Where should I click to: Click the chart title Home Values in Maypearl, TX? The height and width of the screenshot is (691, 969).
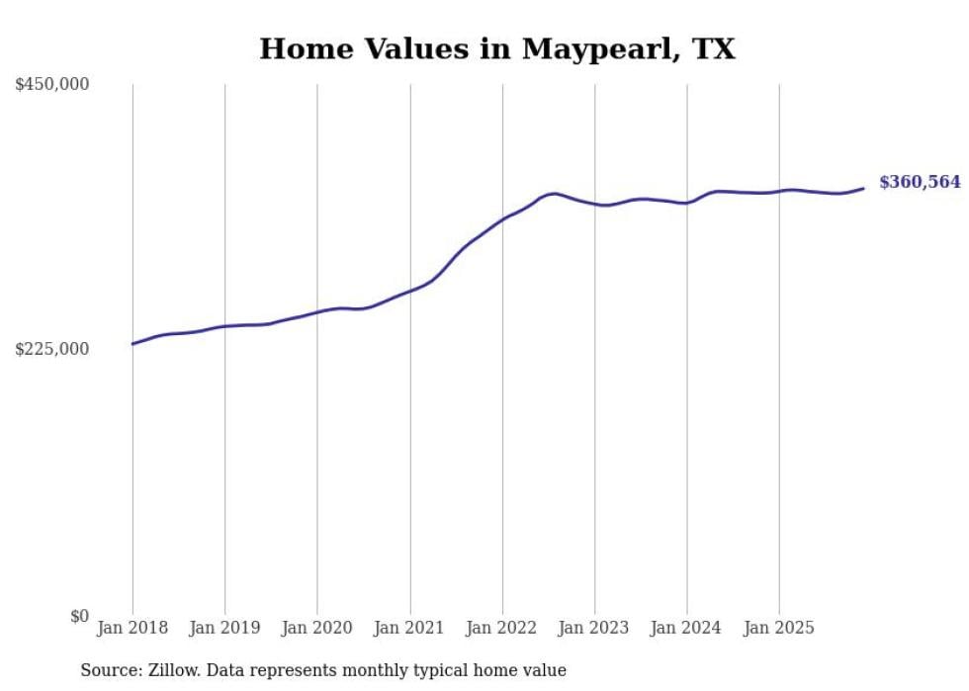point(497,48)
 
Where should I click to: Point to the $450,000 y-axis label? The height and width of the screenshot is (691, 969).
point(51,85)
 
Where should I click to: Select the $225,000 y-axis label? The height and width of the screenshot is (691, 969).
point(51,349)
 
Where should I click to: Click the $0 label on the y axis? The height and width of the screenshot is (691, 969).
point(79,616)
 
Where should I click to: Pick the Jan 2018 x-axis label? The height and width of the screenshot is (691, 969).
point(132,628)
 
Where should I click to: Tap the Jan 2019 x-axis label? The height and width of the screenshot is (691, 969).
point(224,628)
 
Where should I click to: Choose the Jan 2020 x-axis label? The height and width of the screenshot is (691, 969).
point(317,628)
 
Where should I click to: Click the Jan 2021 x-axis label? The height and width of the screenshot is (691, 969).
point(409,628)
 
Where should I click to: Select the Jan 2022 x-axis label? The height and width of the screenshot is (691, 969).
point(502,628)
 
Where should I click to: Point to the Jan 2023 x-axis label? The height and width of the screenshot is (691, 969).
point(594,628)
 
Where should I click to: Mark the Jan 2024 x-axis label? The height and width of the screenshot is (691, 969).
point(687,628)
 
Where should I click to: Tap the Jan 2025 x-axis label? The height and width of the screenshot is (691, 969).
point(779,628)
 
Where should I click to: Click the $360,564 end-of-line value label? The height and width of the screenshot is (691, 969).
point(920,182)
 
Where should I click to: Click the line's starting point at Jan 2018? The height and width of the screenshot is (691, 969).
point(132,344)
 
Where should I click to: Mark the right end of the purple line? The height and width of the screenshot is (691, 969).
point(863,188)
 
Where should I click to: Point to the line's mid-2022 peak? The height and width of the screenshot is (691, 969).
point(554,193)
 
